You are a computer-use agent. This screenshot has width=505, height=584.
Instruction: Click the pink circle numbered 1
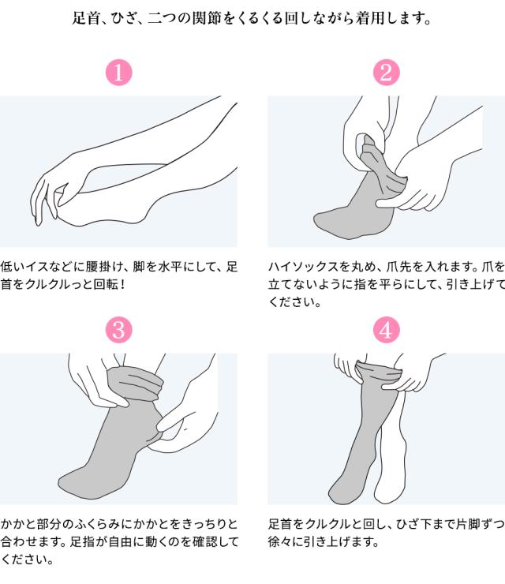tap(119, 73)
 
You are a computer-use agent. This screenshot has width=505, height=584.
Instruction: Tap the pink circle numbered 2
tap(386, 73)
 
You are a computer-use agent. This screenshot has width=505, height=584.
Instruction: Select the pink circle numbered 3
tap(119, 330)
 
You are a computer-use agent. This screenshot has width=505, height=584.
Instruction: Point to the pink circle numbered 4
tap(386, 330)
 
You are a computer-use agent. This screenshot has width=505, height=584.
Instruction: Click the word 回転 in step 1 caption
tap(106, 284)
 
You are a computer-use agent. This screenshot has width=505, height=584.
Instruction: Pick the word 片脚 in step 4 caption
tap(468, 524)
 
